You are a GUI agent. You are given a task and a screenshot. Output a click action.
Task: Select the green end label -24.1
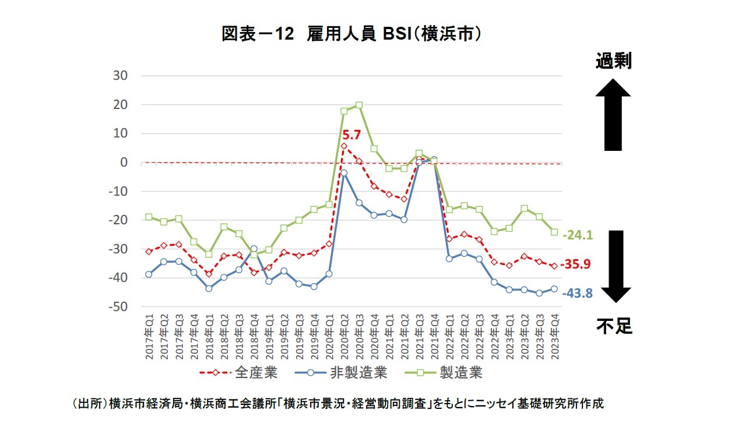[577, 235]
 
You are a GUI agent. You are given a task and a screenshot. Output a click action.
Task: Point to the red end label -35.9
[575, 264]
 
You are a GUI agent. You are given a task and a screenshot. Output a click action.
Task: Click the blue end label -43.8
[577, 294]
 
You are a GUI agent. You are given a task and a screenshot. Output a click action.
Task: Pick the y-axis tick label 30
[121, 76]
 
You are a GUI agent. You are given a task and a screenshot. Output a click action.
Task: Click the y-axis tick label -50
[118, 307]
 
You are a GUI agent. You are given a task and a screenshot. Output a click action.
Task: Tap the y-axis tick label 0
[124, 163]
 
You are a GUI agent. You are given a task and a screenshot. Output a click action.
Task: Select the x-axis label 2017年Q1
[149, 336]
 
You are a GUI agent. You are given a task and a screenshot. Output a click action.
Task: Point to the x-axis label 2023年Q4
[554, 336]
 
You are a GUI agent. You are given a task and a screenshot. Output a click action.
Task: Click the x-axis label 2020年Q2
[344, 336]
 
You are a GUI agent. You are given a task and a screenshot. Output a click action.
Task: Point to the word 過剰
[613, 61]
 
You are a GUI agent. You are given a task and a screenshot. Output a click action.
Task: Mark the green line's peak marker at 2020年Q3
[359, 105]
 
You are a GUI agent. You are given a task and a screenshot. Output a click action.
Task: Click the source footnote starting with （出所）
[337, 404]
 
